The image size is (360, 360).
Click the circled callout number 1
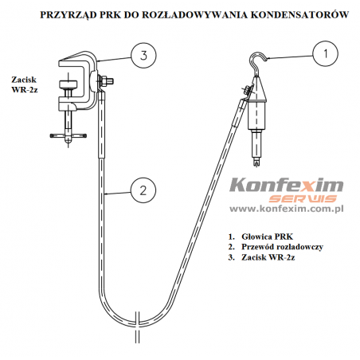[325, 53]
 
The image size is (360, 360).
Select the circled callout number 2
[143, 190]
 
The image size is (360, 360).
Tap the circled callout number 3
[143, 55]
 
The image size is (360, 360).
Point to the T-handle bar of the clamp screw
[68, 136]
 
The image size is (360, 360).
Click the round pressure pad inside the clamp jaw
[68, 85]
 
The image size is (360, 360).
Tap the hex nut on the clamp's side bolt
[104, 80]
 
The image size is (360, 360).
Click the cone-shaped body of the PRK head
[256, 89]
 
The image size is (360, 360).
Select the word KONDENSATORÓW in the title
[299, 14]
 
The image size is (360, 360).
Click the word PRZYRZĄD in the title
[68, 15]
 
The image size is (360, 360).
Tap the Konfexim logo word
[287, 185]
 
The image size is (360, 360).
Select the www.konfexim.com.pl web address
[287, 209]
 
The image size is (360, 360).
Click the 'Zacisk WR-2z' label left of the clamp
[25, 84]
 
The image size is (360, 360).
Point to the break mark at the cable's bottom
[137, 327]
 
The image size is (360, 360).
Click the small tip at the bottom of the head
[256, 162]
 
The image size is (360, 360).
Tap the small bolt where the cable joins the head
[246, 89]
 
